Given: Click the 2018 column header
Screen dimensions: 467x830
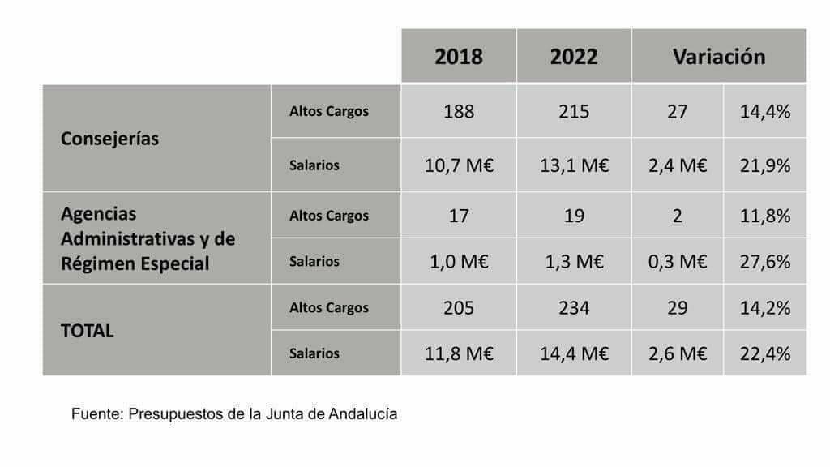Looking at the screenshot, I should pyautogui.click(x=458, y=57).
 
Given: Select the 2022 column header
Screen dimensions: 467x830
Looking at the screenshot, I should pyautogui.click(x=574, y=57).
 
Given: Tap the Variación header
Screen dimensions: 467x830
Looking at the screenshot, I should pyautogui.click(x=718, y=57).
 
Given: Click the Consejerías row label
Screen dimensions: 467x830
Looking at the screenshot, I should pyautogui.click(x=110, y=139).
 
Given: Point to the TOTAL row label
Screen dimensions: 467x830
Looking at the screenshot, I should pyautogui.click(x=88, y=331).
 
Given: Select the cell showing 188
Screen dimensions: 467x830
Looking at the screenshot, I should pyautogui.click(x=459, y=111).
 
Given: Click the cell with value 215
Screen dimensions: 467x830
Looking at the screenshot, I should pyautogui.click(x=574, y=111).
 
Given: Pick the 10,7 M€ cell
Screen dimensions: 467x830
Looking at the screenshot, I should pyautogui.click(x=459, y=165).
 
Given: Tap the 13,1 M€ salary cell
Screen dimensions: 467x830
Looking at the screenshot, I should pyautogui.click(x=574, y=165).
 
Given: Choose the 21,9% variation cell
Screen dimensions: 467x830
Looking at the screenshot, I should pyautogui.click(x=764, y=165).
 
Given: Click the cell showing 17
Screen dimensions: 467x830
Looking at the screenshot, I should pyautogui.click(x=459, y=216).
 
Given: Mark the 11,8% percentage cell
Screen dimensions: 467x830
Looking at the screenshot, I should pyautogui.click(x=764, y=216).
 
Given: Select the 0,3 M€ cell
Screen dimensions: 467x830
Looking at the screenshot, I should pyautogui.click(x=677, y=262).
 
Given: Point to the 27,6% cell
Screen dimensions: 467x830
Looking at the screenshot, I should pyautogui.click(x=764, y=262).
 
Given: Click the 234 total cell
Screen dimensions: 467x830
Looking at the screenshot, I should pyautogui.click(x=574, y=308).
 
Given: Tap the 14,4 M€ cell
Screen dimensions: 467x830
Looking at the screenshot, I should pyautogui.click(x=574, y=353).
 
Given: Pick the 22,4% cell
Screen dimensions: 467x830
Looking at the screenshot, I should pyautogui.click(x=764, y=353).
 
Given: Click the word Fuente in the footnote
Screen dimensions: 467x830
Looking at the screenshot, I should pyautogui.click(x=96, y=413).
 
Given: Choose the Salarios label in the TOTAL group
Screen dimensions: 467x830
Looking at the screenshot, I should pyautogui.click(x=314, y=353).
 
